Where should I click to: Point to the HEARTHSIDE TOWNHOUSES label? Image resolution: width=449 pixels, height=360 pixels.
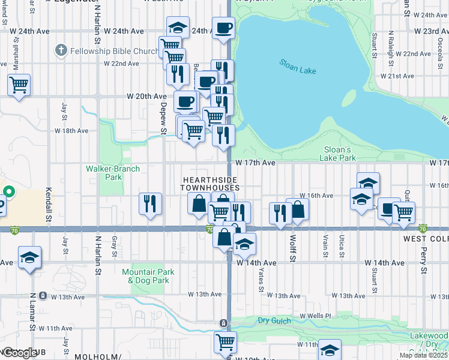210,184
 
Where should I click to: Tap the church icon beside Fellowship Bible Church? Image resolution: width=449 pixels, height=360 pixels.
60,51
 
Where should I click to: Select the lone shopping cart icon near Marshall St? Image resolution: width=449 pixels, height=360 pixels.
19,85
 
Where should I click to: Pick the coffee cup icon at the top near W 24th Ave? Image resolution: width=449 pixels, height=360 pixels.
223,28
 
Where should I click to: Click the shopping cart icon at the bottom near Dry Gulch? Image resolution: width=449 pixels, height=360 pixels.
225,342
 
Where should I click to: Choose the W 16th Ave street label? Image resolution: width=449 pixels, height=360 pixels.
319,196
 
